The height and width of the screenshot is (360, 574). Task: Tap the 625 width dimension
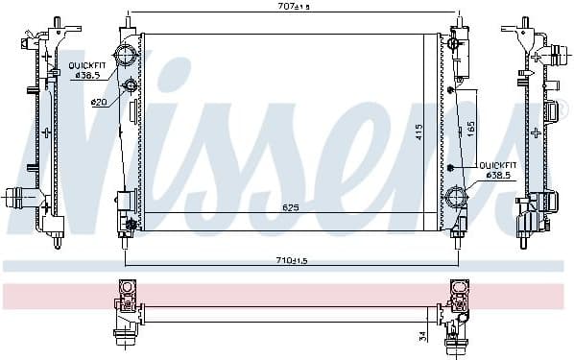tap(291, 206)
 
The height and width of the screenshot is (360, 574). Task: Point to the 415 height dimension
tap(418, 134)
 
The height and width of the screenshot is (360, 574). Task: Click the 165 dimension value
tap(470, 128)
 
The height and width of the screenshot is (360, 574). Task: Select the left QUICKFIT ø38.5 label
tap(87, 70)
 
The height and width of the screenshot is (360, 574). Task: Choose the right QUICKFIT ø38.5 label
tap(497, 170)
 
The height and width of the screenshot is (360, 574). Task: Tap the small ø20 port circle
tap(130, 88)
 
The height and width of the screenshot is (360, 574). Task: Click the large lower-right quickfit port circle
tap(455, 198)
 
